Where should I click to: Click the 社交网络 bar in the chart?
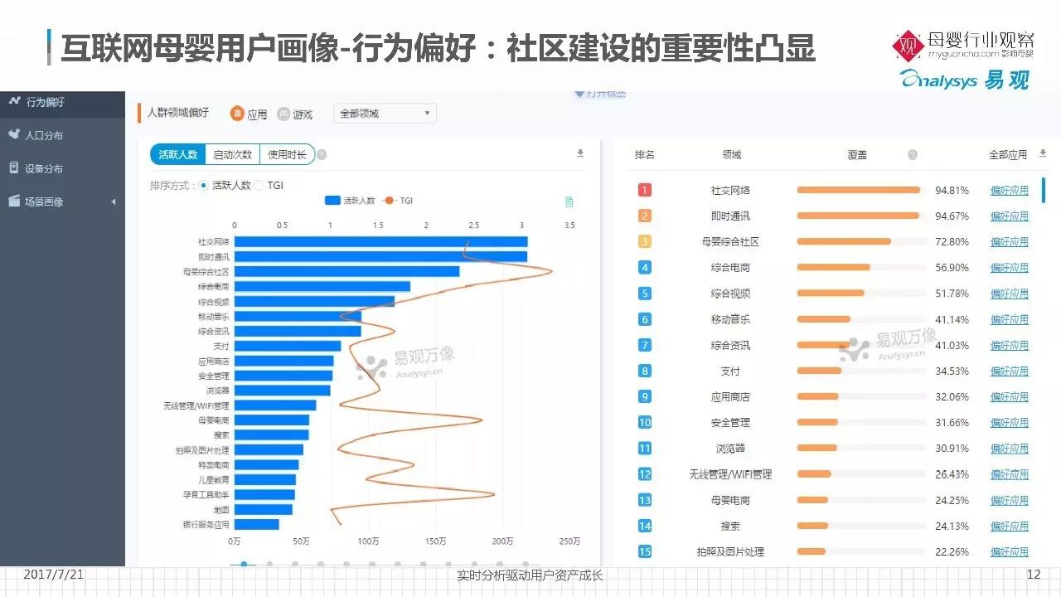[380, 241]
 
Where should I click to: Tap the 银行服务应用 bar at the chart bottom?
[256, 524]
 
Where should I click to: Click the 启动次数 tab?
[233, 154]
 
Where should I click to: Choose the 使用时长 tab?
[287, 154]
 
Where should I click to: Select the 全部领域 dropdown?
[385, 114]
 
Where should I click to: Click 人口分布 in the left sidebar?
[44, 135]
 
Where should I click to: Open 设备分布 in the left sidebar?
[44, 168]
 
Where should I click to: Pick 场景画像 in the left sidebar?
[44, 201]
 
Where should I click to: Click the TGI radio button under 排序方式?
[259, 186]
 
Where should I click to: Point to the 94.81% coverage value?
[952, 190]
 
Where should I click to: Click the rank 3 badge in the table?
[645, 241]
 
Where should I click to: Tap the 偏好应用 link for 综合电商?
[1009, 268]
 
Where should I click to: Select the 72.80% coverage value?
[952, 242]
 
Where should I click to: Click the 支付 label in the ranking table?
[730, 371]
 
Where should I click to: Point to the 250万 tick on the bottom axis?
[569, 541]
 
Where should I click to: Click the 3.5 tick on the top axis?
[569, 225]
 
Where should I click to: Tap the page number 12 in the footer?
[1033, 575]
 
